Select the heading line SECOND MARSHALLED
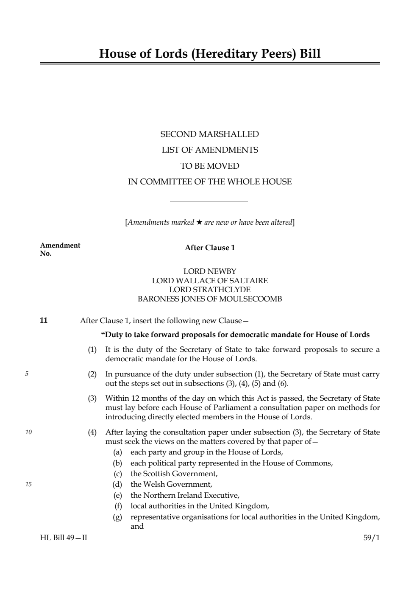[x=209, y=134]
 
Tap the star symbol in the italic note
[x=199, y=223]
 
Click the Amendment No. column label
[x=60, y=249]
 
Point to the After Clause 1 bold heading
[x=210, y=248]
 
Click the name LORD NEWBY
[x=210, y=271]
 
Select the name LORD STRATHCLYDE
[x=210, y=290]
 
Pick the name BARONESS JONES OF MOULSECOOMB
[x=210, y=299]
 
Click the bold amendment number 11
[x=44, y=321]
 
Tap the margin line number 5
[x=27, y=374]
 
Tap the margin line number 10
[x=28, y=432]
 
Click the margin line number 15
[x=28, y=484]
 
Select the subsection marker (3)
[x=92, y=399]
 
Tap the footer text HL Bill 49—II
[x=64, y=538]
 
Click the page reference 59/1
[x=372, y=538]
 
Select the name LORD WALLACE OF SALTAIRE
[x=210, y=281]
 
